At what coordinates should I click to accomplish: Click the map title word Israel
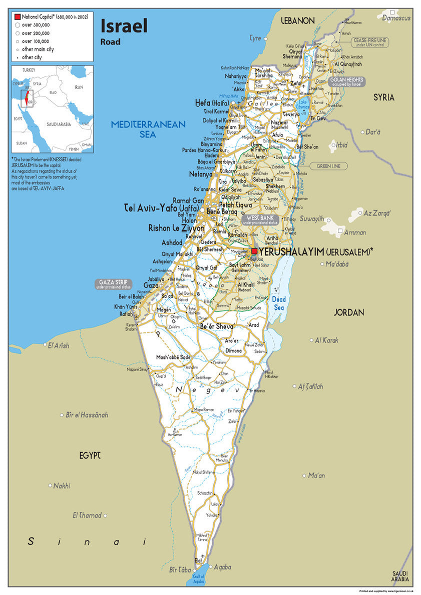click(x=124, y=25)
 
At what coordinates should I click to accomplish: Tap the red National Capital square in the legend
click(x=18, y=16)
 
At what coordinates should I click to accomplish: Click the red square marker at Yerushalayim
click(x=255, y=251)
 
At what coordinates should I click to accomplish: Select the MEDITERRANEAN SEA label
click(x=148, y=129)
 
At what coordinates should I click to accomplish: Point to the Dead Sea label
click(x=279, y=303)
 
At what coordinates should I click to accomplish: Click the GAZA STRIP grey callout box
click(x=114, y=284)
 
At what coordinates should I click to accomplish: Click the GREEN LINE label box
click(x=328, y=165)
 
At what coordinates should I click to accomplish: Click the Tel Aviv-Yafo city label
click(x=162, y=207)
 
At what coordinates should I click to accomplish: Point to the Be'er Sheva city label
click(x=217, y=326)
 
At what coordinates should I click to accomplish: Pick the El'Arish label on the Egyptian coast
click(x=59, y=345)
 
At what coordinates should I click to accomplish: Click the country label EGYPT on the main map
click(x=90, y=455)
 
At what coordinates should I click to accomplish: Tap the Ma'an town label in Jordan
click(x=316, y=475)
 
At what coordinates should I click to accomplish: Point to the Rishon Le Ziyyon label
click(x=176, y=228)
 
